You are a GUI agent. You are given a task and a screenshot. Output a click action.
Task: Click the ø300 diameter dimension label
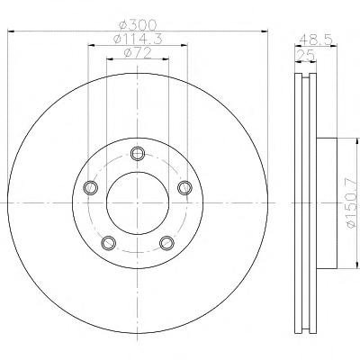138,25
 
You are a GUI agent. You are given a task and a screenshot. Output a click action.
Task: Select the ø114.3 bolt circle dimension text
138,39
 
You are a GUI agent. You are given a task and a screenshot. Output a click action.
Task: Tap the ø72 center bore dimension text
138,53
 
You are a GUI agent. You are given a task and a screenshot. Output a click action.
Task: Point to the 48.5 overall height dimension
316,40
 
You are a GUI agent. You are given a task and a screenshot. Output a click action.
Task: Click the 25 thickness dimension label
306,56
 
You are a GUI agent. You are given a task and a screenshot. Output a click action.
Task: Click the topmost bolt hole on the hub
138,154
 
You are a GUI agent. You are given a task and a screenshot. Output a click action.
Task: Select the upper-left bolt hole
90,188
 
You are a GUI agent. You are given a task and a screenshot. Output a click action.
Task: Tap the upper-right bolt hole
184,188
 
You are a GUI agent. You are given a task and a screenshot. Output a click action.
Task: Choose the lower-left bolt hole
109,243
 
